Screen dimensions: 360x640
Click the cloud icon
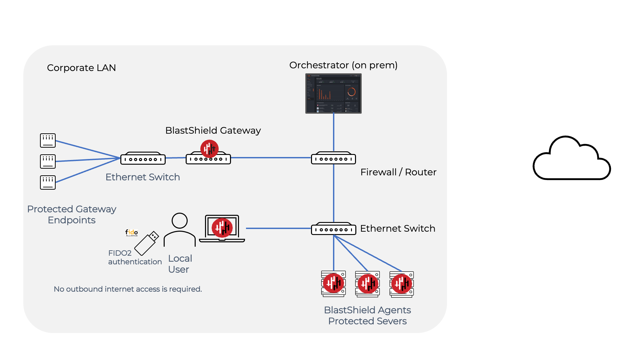pos(572,159)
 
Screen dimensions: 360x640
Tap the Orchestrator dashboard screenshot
pos(333,93)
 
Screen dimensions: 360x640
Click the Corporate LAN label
pos(81,68)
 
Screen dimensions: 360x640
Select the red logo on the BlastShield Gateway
pos(209,149)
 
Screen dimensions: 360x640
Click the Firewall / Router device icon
pos(333,159)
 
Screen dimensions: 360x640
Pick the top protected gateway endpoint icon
pos(48,140)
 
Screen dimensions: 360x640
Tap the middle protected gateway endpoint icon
pos(48,161)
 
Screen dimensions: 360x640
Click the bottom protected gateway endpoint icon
pos(48,182)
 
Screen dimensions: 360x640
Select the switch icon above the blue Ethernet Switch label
pos(143,159)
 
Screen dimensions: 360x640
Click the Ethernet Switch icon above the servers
pos(333,229)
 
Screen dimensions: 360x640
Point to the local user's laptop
pos(222,229)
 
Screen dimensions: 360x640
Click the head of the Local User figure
pos(180,221)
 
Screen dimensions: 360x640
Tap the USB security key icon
pos(146,243)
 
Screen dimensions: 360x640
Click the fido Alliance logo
pos(132,233)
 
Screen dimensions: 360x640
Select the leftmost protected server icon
pos(333,284)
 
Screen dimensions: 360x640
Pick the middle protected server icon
pos(368,284)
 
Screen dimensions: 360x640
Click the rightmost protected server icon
pos(402,284)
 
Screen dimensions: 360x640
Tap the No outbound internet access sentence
pos(128,289)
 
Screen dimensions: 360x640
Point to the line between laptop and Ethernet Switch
pos(278,228)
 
